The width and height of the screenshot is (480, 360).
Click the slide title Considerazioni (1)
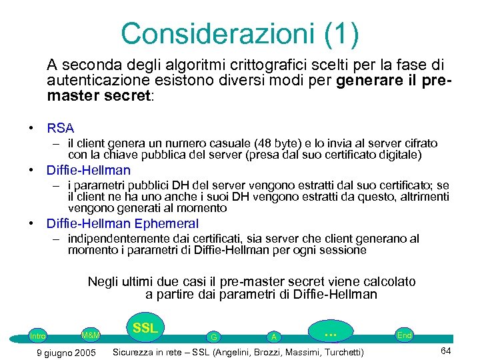coord(239,33)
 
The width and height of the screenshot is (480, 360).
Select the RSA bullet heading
coord(60,128)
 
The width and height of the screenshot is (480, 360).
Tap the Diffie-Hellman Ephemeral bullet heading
coord(122,223)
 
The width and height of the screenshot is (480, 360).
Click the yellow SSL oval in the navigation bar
coord(145,328)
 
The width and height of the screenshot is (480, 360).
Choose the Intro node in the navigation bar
coord(38,336)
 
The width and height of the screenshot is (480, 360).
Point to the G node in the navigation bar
coord(213,337)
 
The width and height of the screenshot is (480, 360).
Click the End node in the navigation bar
coord(404,335)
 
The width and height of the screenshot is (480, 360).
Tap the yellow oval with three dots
coord(329,331)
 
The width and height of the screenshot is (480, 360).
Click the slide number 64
coord(446,351)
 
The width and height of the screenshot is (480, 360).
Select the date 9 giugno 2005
coord(65,352)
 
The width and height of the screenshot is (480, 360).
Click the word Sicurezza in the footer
coord(136,352)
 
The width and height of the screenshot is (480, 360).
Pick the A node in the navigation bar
coord(273,337)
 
